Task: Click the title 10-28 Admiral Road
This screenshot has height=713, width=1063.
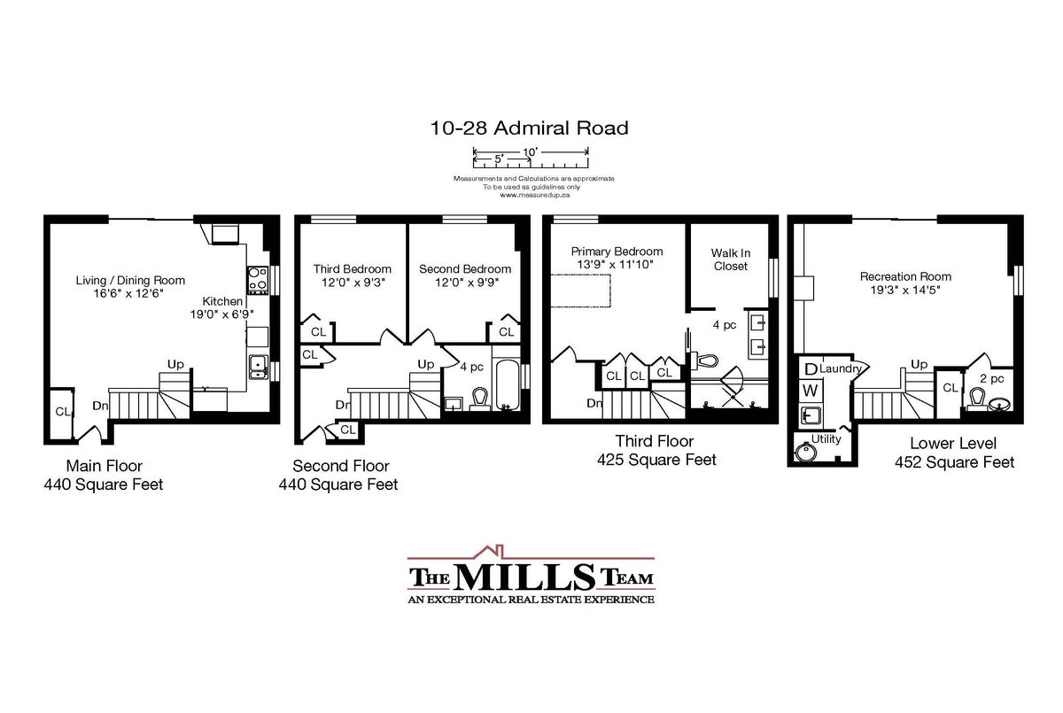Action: [529, 128]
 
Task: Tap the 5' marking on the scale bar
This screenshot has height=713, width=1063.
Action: [498, 159]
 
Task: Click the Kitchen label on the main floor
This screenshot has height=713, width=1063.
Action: [222, 301]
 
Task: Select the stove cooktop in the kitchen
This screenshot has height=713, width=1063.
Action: [258, 279]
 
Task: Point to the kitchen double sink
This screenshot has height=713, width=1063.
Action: [258, 368]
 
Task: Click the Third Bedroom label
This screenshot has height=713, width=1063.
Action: [353, 269]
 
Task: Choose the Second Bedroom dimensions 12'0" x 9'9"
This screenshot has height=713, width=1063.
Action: [465, 283]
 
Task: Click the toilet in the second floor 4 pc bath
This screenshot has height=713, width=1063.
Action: [479, 399]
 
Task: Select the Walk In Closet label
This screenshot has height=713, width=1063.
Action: [730, 260]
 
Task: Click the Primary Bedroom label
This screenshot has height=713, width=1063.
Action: [617, 252]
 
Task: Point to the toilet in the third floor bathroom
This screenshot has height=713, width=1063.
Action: [703, 360]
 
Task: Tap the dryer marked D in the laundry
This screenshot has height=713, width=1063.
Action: [810, 368]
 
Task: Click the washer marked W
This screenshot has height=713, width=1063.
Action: [810, 391]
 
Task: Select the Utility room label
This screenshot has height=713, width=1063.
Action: [826, 439]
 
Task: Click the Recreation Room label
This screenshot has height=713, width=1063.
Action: [905, 276]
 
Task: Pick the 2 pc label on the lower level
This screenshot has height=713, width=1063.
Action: [992, 378]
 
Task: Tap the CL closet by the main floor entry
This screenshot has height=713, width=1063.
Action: [63, 411]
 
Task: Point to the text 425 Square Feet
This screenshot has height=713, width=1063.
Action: [656, 460]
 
